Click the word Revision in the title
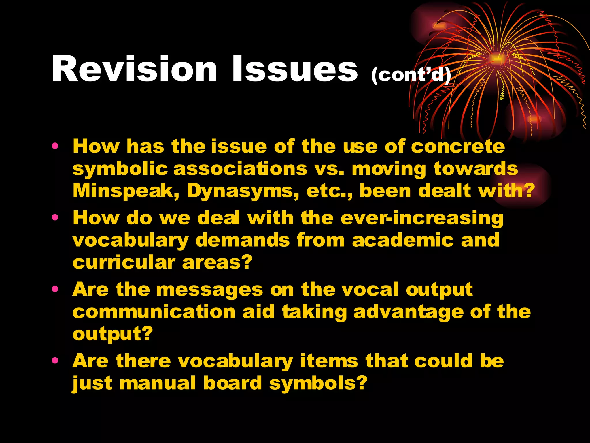click(x=134, y=69)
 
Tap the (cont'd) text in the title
click(x=411, y=75)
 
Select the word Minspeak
click(x=126, y=191)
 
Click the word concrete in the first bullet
click(x=458, y=147)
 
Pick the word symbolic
click(x=120, y=169)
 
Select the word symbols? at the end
click(x=318, y=383)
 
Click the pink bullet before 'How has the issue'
click(x=55, y=146)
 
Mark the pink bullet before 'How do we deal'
click(x=55, y=217)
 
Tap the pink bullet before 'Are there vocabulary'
click(x=55, y=360)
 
